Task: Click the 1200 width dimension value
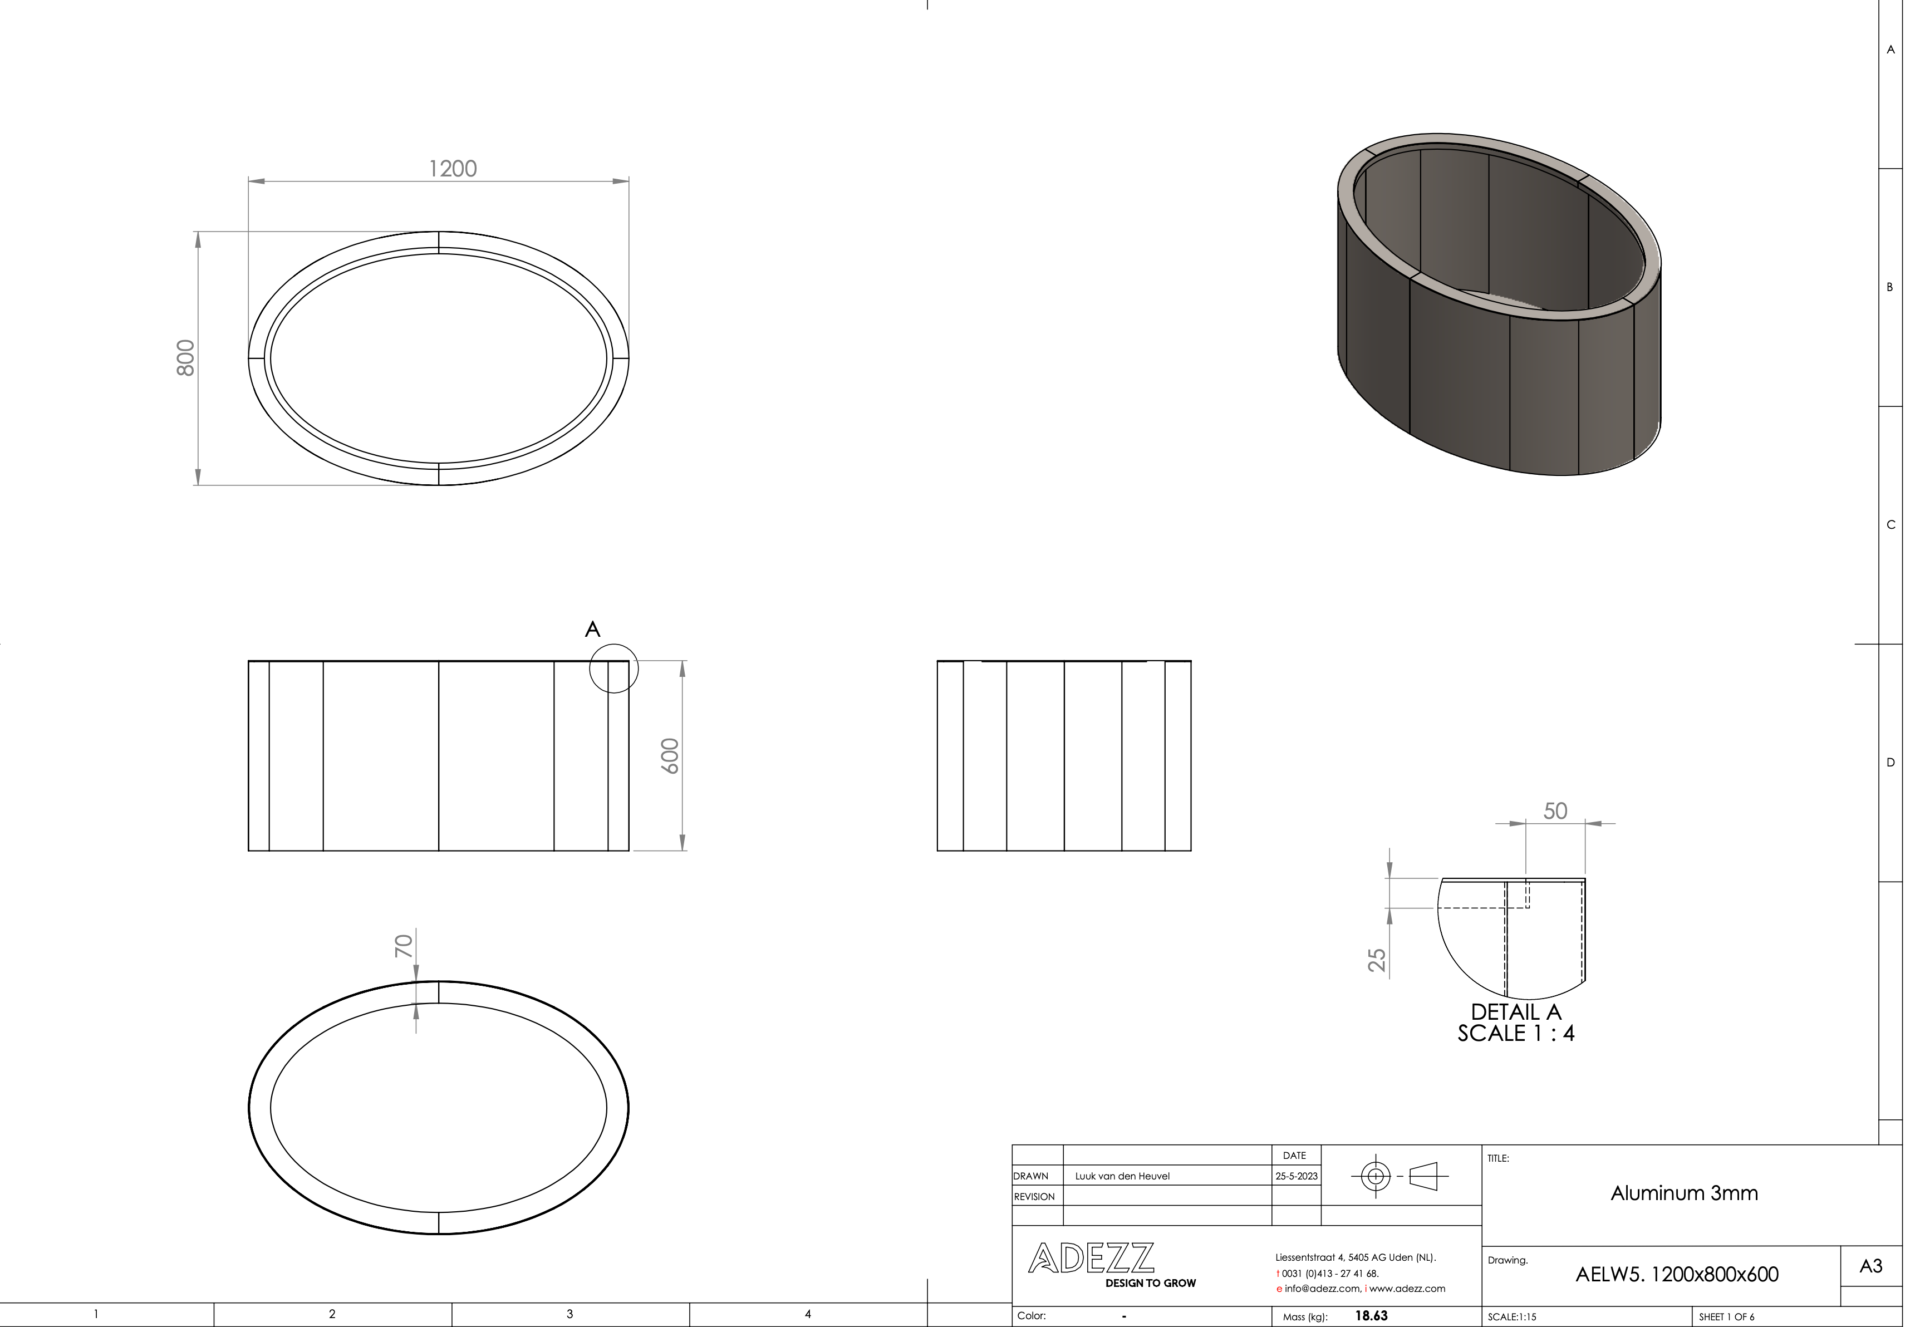tap(453, 169)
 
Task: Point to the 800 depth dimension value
tap(185, 357)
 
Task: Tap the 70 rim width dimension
tap(403, 946)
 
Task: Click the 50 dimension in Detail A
tap(1555, 810)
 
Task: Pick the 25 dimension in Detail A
tap(1377, 960)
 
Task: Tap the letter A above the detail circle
tap(592, 630)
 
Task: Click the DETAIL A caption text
tap(1516, 1012)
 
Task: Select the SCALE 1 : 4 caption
tap(1516, 1034)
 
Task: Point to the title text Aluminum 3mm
tap(1684, 1193)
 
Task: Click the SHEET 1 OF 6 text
tap(1726, 1317)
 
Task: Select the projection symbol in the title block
tap(1400, 1176)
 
